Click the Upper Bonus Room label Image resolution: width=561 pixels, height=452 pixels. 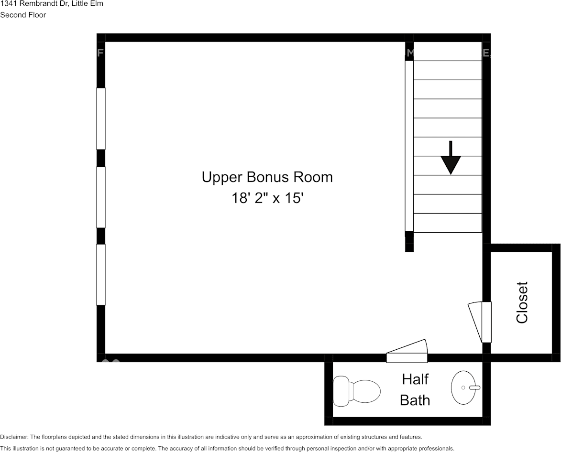(x=267, y=177)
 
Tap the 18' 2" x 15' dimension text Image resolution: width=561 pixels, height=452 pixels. (x=268, y=198)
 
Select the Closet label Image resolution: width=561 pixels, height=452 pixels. (x=522, y=302)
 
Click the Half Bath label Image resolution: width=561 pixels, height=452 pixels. (x=415, y=389)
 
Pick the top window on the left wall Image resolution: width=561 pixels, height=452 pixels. (x=101, y=118)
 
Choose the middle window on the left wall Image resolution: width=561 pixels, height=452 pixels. (x=101, y=197)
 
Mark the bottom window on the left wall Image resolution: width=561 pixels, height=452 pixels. (x=101, y=274)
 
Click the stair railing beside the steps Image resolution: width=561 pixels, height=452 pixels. (x=409, y=146)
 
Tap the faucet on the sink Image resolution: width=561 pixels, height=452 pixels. (x=474, y=387)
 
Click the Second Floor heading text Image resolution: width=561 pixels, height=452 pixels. (x=23, y=15)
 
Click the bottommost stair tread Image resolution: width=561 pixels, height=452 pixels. (x=448, y=223)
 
